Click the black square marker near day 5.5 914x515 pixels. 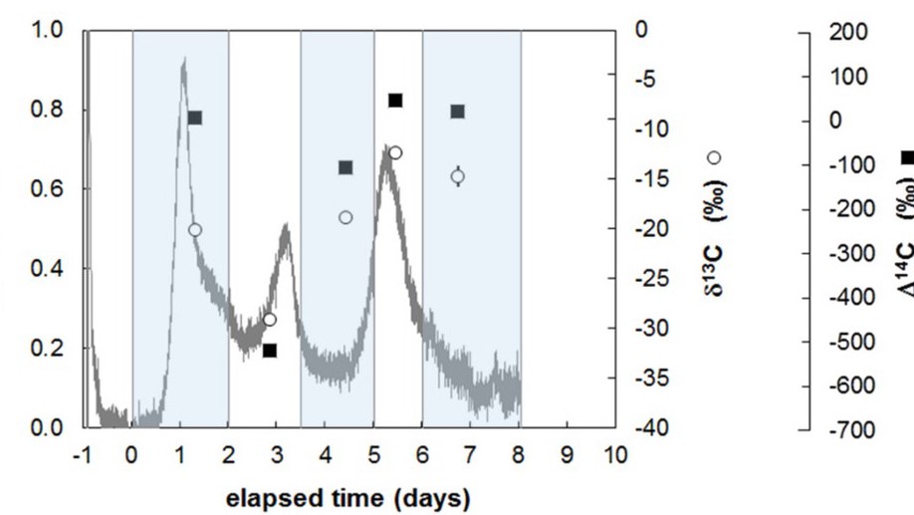[395, 101]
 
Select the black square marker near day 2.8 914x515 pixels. [269, 351]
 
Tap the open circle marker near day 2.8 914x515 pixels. [269, 320]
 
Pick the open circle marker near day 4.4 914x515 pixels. [345, 217]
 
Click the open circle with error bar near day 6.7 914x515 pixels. [458, 176]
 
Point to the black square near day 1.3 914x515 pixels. [195, 118]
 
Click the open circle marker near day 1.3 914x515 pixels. [195, 230]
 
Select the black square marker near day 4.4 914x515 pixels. [345, 168]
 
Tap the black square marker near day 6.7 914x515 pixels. [458, 112]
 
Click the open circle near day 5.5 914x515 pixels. [395, 152]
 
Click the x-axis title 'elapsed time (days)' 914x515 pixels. [348, 499]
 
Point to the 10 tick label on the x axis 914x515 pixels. [615, 454]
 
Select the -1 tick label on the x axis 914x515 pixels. [83, 454]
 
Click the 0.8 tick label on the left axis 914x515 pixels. [47, 109]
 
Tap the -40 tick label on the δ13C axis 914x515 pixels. [652, 428]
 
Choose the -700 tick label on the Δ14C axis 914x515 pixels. [851, 430]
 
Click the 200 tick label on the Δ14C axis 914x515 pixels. [848, 32]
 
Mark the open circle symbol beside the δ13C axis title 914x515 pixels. [714, 157]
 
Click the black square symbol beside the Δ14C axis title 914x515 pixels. [908, 157]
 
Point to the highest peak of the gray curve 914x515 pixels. [184, 59]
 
